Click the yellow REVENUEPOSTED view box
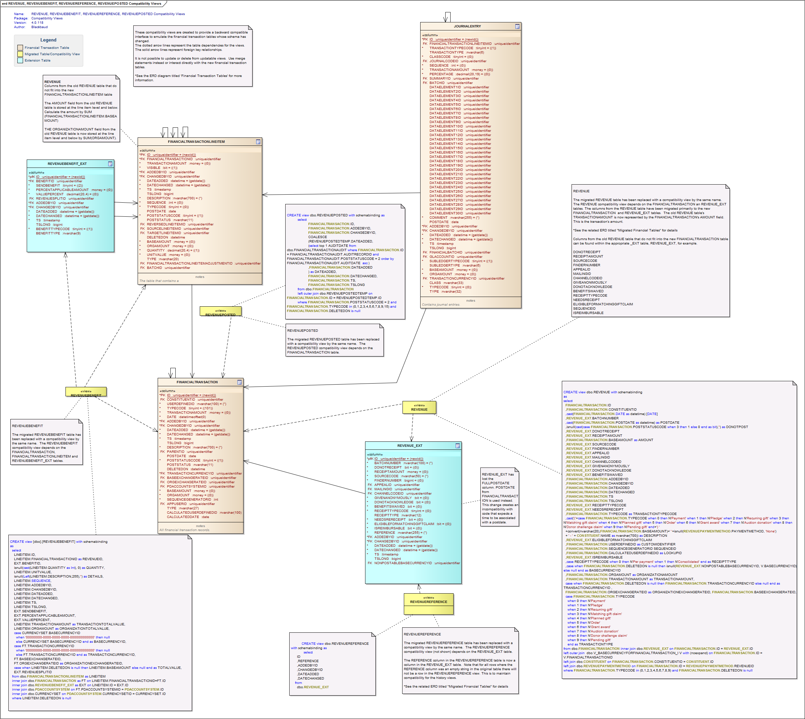[x=220, y=311]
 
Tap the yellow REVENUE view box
[x=419, y=407]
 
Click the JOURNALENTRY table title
[x=467, y=26]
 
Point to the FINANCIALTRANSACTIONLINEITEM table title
[x=196, y=142]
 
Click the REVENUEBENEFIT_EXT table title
[x=67, y=164]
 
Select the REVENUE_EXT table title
[x=410, y=446]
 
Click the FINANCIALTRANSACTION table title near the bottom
[x=197, y=382]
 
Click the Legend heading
[x=48, y=40]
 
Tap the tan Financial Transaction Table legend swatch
[x=20, y=48]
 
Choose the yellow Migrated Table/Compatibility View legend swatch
[x=20, y=54]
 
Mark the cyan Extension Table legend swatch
[x=20, y=61]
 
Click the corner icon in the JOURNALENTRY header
[x=517, y=26]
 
